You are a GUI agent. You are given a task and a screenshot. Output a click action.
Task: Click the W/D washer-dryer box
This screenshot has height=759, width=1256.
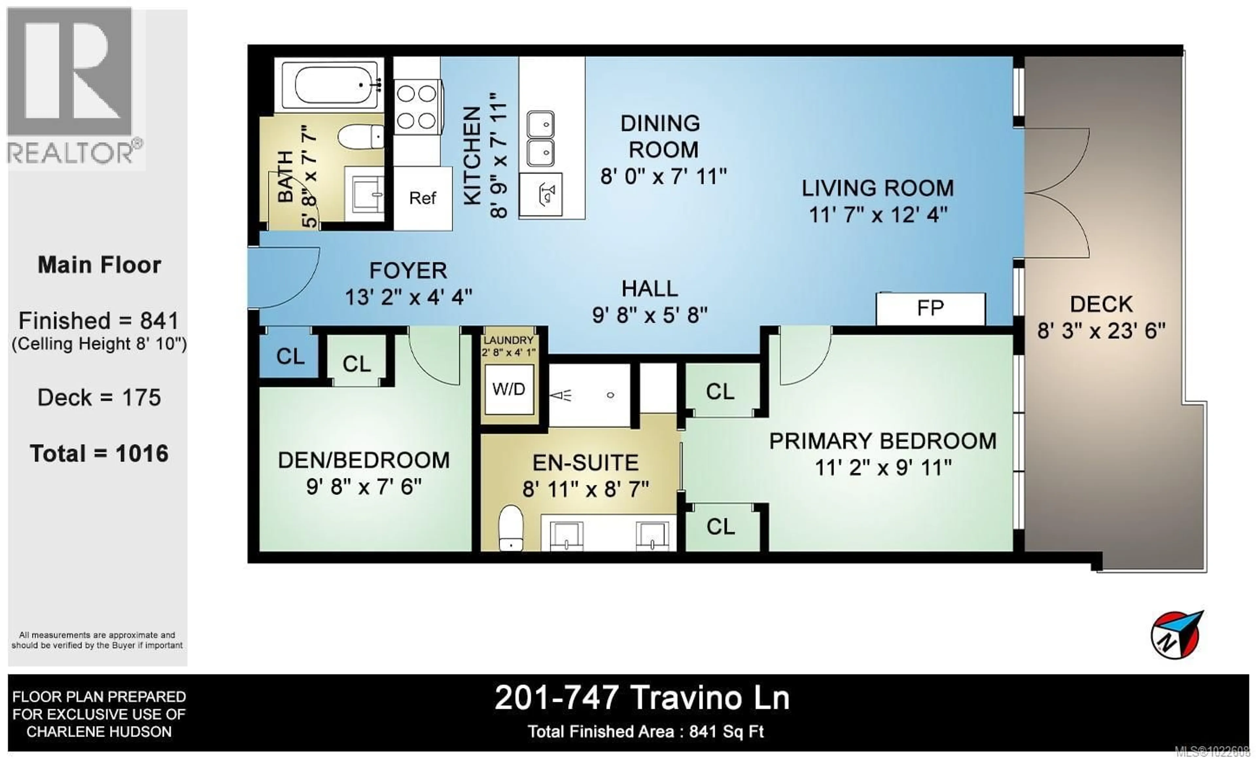[509, 389]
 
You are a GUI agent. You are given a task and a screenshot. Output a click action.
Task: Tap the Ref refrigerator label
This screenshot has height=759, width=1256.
[423, 198]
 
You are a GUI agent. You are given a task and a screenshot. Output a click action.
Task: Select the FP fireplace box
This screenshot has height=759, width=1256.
[930, 309]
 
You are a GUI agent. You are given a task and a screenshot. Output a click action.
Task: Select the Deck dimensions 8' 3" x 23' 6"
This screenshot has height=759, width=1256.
[1101, 331]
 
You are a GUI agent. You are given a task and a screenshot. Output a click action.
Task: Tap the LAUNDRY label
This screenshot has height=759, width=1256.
[508, 340]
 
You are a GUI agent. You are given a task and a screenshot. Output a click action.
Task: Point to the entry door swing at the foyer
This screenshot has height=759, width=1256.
[286, 278]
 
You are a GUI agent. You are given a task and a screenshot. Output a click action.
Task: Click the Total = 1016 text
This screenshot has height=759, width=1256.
[99, 453]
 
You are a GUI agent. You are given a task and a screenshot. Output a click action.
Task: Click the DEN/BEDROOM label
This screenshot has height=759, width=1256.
[363, 460]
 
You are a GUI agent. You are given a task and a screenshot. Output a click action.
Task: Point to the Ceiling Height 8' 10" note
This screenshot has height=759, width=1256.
[99, 344]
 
